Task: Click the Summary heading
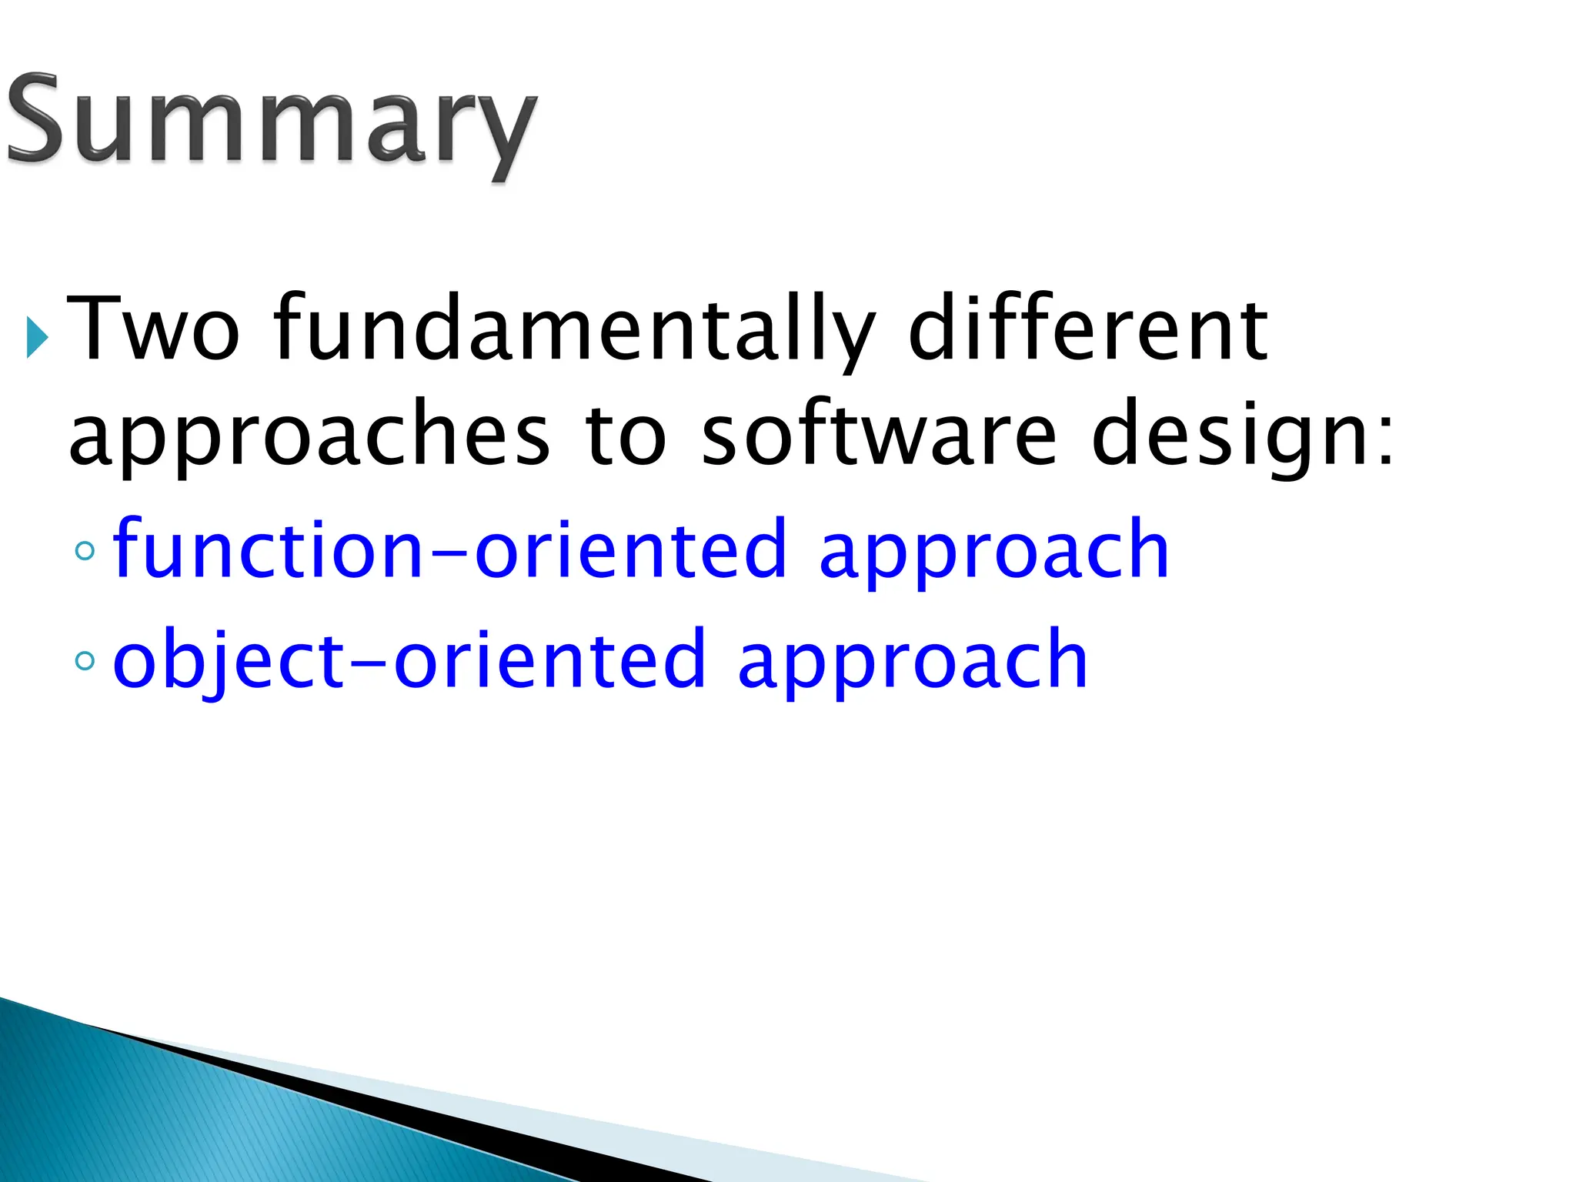(271, 122)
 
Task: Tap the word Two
(154, 329)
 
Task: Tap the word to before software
(625, 434)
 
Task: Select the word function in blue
(268, 548)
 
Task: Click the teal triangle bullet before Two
(36, 337)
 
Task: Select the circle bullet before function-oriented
(85, 550)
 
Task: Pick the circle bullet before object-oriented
(85, 660)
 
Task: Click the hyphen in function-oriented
(449, 551)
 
